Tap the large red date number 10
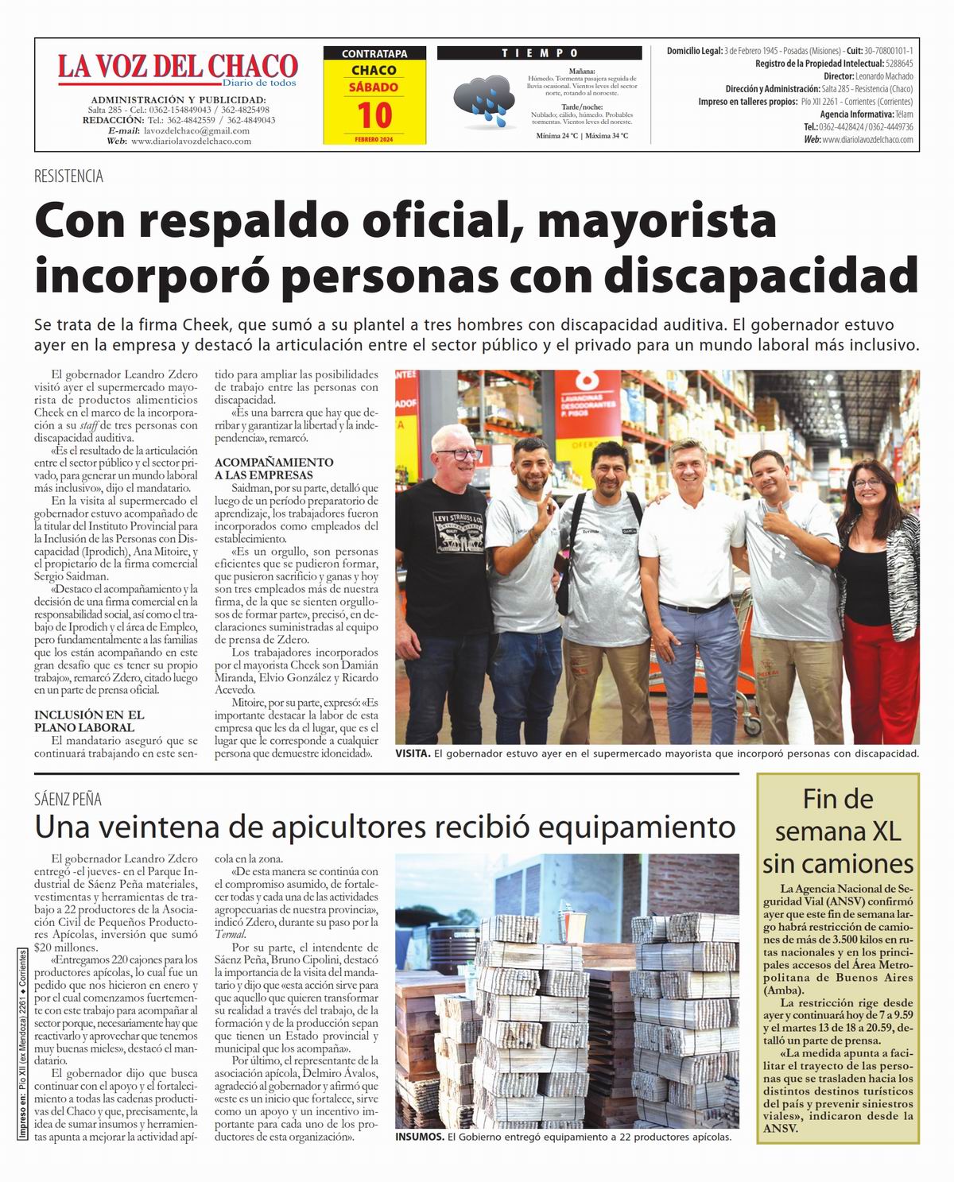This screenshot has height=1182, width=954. pos(374,115)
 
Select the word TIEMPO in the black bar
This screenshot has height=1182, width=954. pos(540,53)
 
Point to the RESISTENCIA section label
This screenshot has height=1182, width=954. pos(68,176)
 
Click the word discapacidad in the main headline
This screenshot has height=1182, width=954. pos(761,275)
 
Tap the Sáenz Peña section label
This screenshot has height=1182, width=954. pos(68,800)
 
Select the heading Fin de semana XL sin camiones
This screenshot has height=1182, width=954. pos(838,831)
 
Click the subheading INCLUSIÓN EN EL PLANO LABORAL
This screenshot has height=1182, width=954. pos(89,721)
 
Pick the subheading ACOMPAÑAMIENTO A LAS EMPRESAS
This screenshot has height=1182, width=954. pos(273,468)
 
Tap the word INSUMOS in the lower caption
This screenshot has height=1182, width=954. pos(419,1137)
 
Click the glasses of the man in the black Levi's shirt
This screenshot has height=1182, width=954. pos(458,455)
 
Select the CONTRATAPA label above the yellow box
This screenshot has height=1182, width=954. pos(374,54)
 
